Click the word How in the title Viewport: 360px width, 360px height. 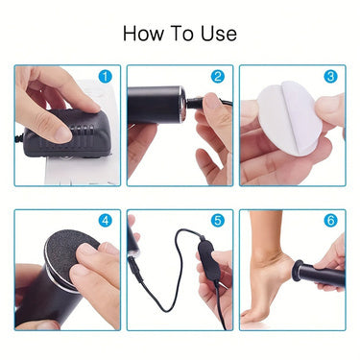(x=143, y=34)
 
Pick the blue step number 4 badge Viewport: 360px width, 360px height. (x=106, y=221)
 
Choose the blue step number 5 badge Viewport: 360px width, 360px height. (x=217, y=221)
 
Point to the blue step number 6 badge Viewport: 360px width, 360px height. (x=330, y=221)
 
